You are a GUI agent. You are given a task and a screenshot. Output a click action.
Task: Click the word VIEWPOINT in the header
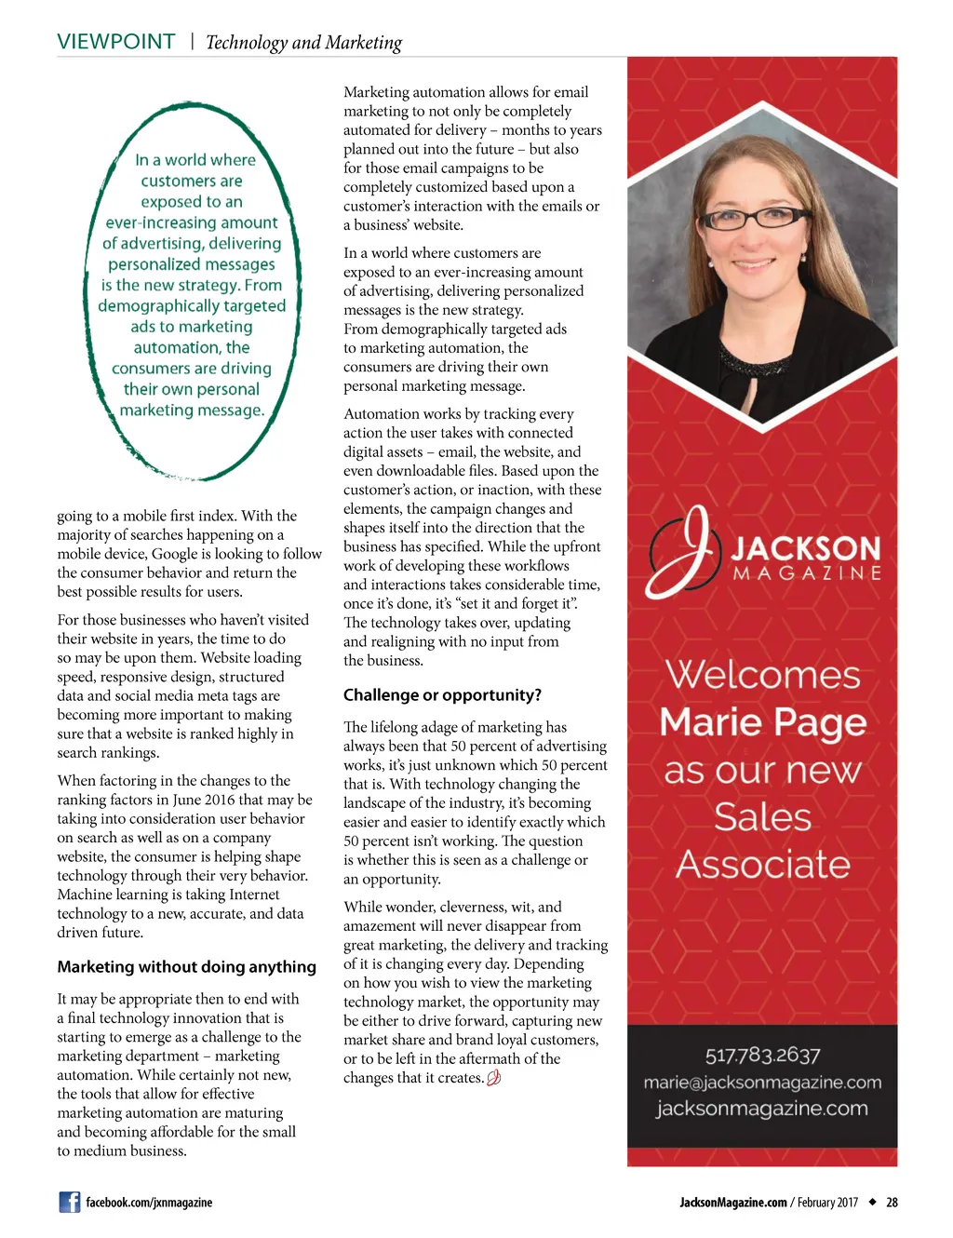click(115, 42)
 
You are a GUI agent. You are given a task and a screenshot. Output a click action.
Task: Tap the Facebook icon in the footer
click(70, 1202)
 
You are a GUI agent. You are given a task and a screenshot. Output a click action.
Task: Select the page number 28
click(892, 1203)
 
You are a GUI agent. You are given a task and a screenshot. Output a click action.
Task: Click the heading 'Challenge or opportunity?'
click(442, 695)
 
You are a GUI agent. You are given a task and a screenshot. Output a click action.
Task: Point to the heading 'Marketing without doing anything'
click(186, 967)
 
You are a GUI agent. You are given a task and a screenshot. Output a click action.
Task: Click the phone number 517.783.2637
click(762, 1055)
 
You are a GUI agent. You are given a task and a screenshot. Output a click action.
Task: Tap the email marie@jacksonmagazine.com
click(762, 1083)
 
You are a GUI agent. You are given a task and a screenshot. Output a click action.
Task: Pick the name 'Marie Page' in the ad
click(762, 722)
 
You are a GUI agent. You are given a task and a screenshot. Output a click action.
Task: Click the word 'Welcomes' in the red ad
click(762, 675)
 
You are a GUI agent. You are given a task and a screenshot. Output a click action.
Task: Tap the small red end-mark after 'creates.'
click(494, 1078)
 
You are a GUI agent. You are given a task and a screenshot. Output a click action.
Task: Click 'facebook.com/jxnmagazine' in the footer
click(149, 1203)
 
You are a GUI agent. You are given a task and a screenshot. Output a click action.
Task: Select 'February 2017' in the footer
click(827, 1203)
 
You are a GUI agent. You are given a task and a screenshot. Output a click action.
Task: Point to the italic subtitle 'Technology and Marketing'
click(303, 43)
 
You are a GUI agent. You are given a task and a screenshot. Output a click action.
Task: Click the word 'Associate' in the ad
click(762, 865)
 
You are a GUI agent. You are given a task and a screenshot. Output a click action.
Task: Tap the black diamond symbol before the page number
click(872, 1202)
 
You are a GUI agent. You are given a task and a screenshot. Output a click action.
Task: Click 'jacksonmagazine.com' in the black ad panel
click(762, 1109)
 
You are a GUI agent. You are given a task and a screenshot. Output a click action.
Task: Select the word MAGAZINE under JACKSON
click(807, 573)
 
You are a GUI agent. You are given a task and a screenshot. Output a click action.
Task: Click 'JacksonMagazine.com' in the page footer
click(732, 1203)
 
